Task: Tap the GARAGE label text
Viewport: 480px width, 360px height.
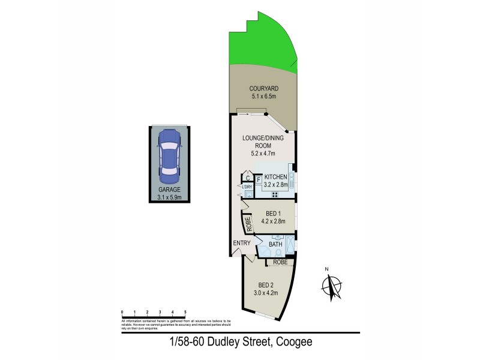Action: click(x=169, y=189)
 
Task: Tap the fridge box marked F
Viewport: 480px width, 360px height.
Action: click(x=259, y=179)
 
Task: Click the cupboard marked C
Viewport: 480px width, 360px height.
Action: click(x=247, y=178)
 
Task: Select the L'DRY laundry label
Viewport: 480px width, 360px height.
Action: click(x=247, y=187)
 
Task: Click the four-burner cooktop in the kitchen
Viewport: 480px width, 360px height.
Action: click(x=275, y=194)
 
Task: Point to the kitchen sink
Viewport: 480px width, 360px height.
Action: click(x=291, y=178)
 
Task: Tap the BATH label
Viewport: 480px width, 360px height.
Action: click(x=276, y=244)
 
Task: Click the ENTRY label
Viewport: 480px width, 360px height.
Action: click(x=242, y=243)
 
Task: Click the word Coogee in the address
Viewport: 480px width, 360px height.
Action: click(x=293, y=343)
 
